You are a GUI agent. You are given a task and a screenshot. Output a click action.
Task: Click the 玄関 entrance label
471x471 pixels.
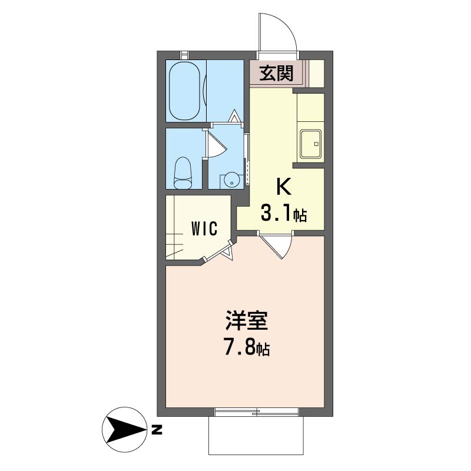(276, 73)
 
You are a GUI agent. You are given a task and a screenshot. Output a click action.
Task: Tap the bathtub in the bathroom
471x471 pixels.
(184, 91)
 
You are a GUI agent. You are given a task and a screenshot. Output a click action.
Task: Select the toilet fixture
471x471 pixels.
(183, 173)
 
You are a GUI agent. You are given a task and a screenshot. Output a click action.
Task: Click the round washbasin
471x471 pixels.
(231, 180)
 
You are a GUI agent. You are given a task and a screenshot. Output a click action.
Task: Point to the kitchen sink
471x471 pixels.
(311, 144)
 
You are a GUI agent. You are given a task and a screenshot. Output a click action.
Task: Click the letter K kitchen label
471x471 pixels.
(284, 187)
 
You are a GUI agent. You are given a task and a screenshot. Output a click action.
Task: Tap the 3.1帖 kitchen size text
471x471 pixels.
(284, 214)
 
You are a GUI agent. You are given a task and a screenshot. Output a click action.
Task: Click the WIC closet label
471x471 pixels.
(204, 229)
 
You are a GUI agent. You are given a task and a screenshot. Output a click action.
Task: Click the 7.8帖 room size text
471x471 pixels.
(247, 348)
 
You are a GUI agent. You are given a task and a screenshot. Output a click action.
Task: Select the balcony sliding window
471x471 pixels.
(257, 412)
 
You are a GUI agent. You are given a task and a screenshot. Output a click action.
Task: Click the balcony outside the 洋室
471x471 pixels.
(256, 436)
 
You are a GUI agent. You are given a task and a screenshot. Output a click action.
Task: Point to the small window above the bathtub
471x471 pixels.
(184, 55)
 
